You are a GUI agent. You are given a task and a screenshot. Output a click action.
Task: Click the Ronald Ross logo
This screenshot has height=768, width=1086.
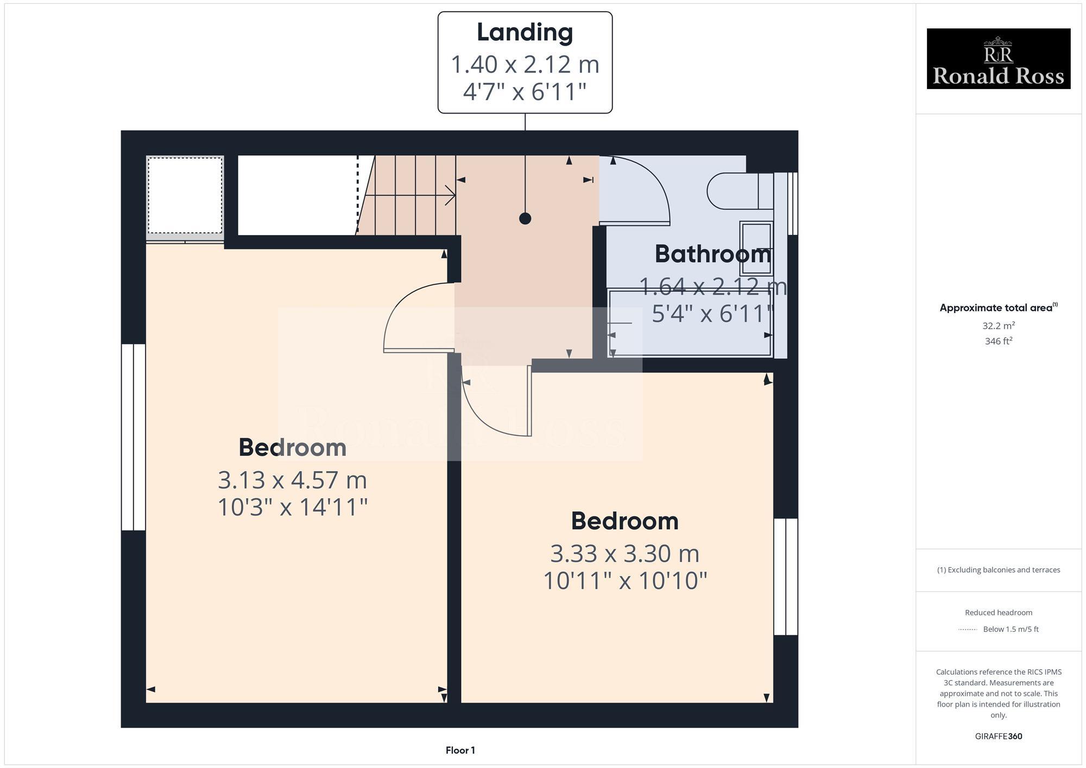click(x=998, y=59)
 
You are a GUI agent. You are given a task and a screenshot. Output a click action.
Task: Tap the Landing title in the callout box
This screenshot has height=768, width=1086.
click(x=525, y=33)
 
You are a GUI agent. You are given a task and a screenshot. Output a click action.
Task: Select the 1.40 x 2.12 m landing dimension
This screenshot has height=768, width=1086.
click(x=525, y=65)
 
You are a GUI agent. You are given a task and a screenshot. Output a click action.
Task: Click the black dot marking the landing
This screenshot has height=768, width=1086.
click(x=525, y=219)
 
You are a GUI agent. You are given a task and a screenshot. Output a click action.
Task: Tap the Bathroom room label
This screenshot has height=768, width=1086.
click(x=712, y=255)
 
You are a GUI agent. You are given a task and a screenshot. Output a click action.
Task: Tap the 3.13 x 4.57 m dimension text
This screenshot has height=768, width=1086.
click(x=292, y=480)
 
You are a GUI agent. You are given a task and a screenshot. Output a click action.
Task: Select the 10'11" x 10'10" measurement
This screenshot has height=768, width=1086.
click(x=624, y=581)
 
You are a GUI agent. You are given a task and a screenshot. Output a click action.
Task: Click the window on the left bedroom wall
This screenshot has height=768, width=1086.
click(x=133, y=437)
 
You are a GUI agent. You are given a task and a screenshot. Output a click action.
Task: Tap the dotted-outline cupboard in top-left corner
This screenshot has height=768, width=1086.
click(x=185, y=195)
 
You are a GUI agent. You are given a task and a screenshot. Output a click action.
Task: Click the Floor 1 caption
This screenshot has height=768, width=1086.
click(x=460, y=750)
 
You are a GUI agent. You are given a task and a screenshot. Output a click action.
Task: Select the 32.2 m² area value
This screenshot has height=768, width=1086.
click(x=998, y=326)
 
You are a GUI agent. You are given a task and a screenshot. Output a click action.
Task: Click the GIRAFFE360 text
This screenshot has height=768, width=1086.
click(x=998, y=737)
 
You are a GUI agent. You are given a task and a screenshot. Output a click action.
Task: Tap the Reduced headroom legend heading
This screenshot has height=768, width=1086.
click(x=998, y=612)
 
